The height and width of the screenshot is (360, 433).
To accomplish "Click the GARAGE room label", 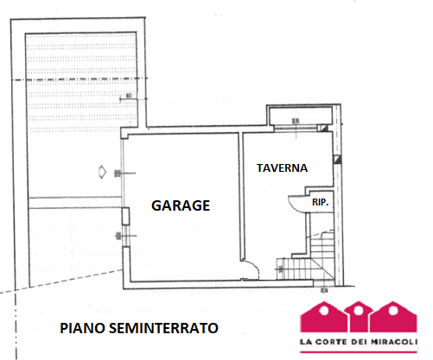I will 181,205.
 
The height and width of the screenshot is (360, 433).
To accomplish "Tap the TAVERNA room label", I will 283,168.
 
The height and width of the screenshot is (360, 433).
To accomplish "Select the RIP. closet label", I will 321,202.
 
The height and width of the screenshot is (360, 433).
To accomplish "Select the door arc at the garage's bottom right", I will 249,270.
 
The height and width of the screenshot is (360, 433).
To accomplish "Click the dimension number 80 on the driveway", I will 127,95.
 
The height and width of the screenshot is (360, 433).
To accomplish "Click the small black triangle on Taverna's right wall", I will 337,159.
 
